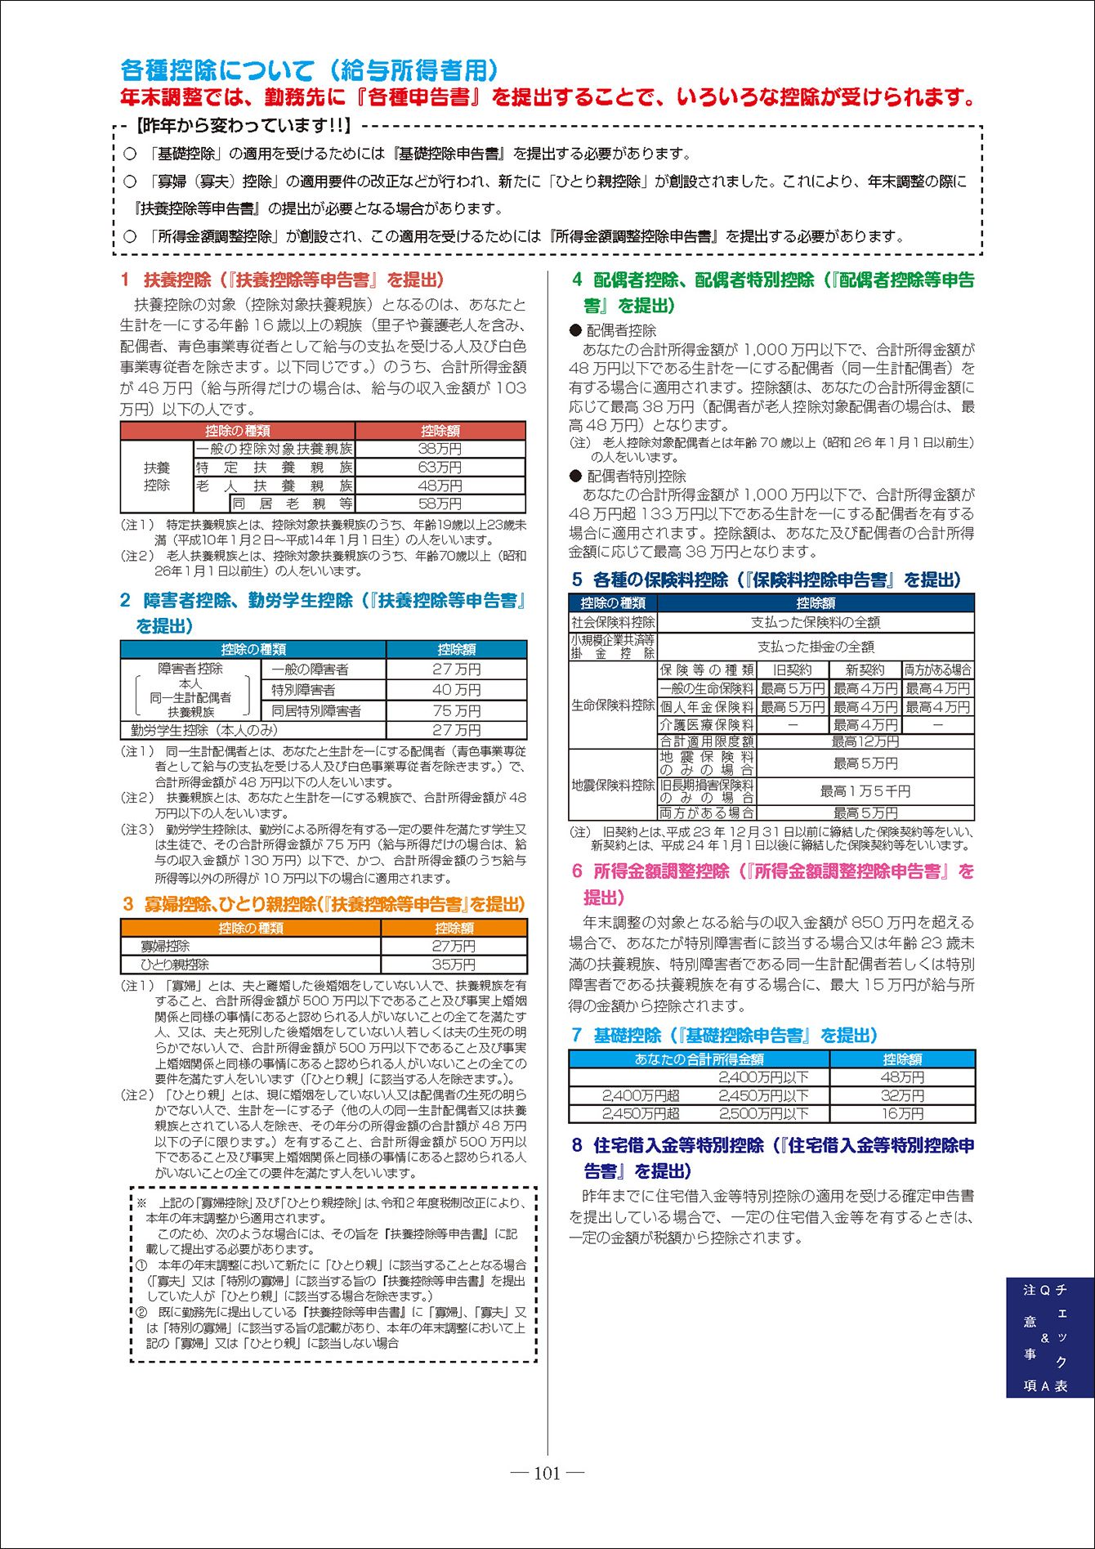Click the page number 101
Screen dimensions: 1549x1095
click(547, 1474)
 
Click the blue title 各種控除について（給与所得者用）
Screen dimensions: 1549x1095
click(309, 70)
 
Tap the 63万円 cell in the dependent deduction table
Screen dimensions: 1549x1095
click(440, 468)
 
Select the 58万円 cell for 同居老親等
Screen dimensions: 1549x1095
click(440, 504)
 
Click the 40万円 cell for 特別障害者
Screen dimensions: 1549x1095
click(456, 690)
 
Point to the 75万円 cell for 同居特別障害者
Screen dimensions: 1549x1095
click(456, 710)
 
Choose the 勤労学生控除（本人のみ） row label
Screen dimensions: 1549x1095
click(204, 730)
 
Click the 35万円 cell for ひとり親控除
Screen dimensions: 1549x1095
click(454, 965)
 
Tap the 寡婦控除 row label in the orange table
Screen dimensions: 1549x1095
click(165, 946)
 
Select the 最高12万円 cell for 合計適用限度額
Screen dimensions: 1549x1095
click(865, 741)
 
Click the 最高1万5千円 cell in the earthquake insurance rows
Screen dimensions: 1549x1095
click(865, 790)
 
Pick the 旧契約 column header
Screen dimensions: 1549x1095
click(792, 669)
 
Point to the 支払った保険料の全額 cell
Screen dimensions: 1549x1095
click(815, 622)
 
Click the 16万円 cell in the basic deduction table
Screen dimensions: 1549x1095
click(902, 1113)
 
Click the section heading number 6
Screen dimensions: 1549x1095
click(577, 871)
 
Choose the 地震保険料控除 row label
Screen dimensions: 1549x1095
click(613, 785)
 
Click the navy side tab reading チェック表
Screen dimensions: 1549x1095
click(1061, 1338)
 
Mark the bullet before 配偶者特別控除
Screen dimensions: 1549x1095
click(575, 477)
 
